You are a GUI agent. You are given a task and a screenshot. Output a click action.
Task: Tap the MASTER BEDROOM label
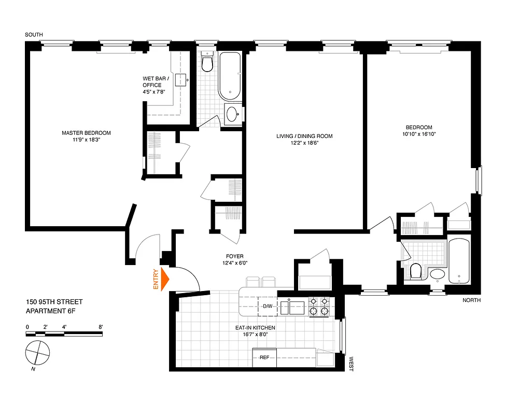point(86,136)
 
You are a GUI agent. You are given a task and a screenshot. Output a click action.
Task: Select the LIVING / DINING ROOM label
point(304,140)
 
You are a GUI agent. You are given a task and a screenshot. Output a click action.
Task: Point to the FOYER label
point(234,259)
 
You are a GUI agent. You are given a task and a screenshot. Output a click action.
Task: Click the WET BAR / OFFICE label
point(152,85)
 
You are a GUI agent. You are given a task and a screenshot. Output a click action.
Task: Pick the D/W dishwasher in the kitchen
point(268,307)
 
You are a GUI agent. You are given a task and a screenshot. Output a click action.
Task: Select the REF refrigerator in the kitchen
point(264,357)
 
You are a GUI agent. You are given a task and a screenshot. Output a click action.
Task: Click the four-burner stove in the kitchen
point(318,307)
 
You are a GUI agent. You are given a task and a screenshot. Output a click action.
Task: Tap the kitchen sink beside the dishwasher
point(292,307)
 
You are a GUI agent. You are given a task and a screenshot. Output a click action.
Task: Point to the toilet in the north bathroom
point(415,271)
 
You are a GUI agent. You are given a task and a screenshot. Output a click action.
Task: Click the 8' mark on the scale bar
point(101,327)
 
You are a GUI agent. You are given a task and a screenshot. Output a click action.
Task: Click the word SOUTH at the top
point(34,35)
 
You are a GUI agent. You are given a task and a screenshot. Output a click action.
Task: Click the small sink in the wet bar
point(180,79)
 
